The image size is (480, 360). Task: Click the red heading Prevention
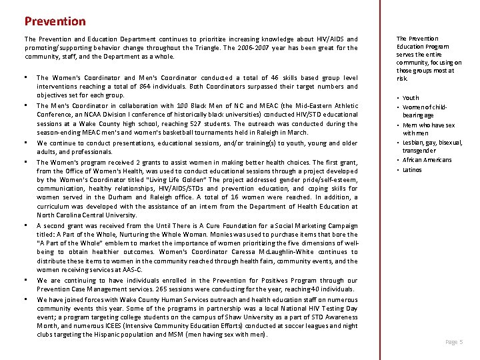click(55, 21)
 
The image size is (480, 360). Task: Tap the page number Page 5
click(454, 342)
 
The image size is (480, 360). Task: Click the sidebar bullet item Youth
click(411, 98)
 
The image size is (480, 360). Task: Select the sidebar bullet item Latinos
click(413, 170)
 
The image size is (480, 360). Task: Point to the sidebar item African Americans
click(427, 160)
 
